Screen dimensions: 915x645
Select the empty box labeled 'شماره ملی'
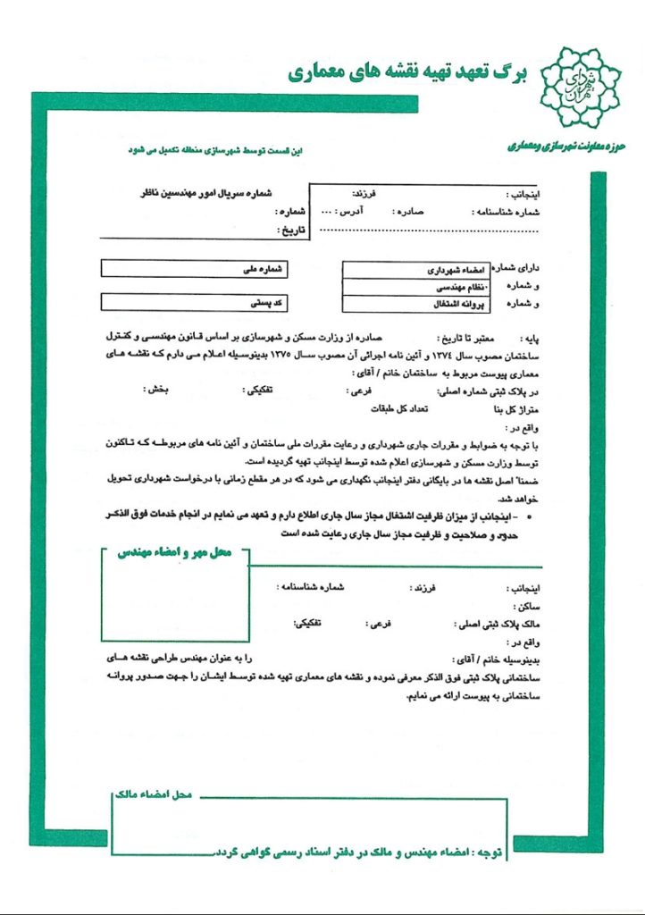point(197,268)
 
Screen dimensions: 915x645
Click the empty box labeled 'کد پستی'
point(197,302)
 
